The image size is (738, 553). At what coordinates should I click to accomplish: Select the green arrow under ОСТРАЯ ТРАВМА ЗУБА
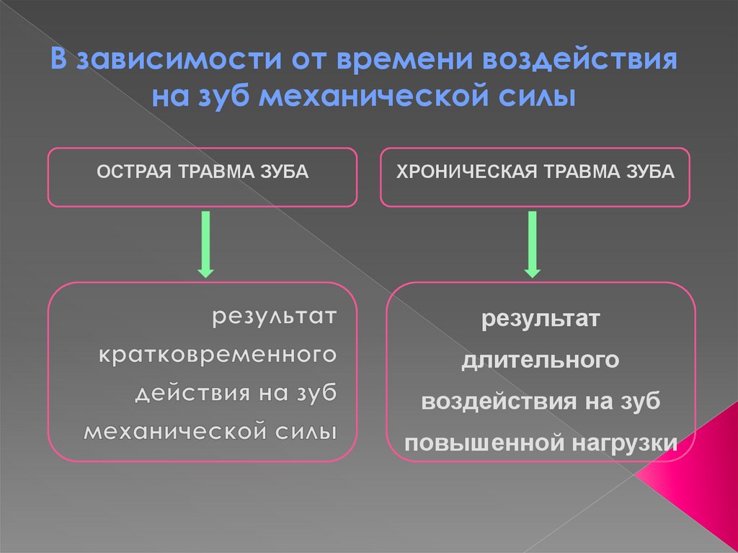point(205,244)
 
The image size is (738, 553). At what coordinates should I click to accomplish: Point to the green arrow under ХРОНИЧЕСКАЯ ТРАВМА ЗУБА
point(533,244)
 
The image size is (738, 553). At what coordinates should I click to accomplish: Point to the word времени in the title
point(388,61)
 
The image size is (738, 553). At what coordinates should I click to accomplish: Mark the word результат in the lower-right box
point(541,318)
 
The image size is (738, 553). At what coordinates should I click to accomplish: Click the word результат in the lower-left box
point(273,317)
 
